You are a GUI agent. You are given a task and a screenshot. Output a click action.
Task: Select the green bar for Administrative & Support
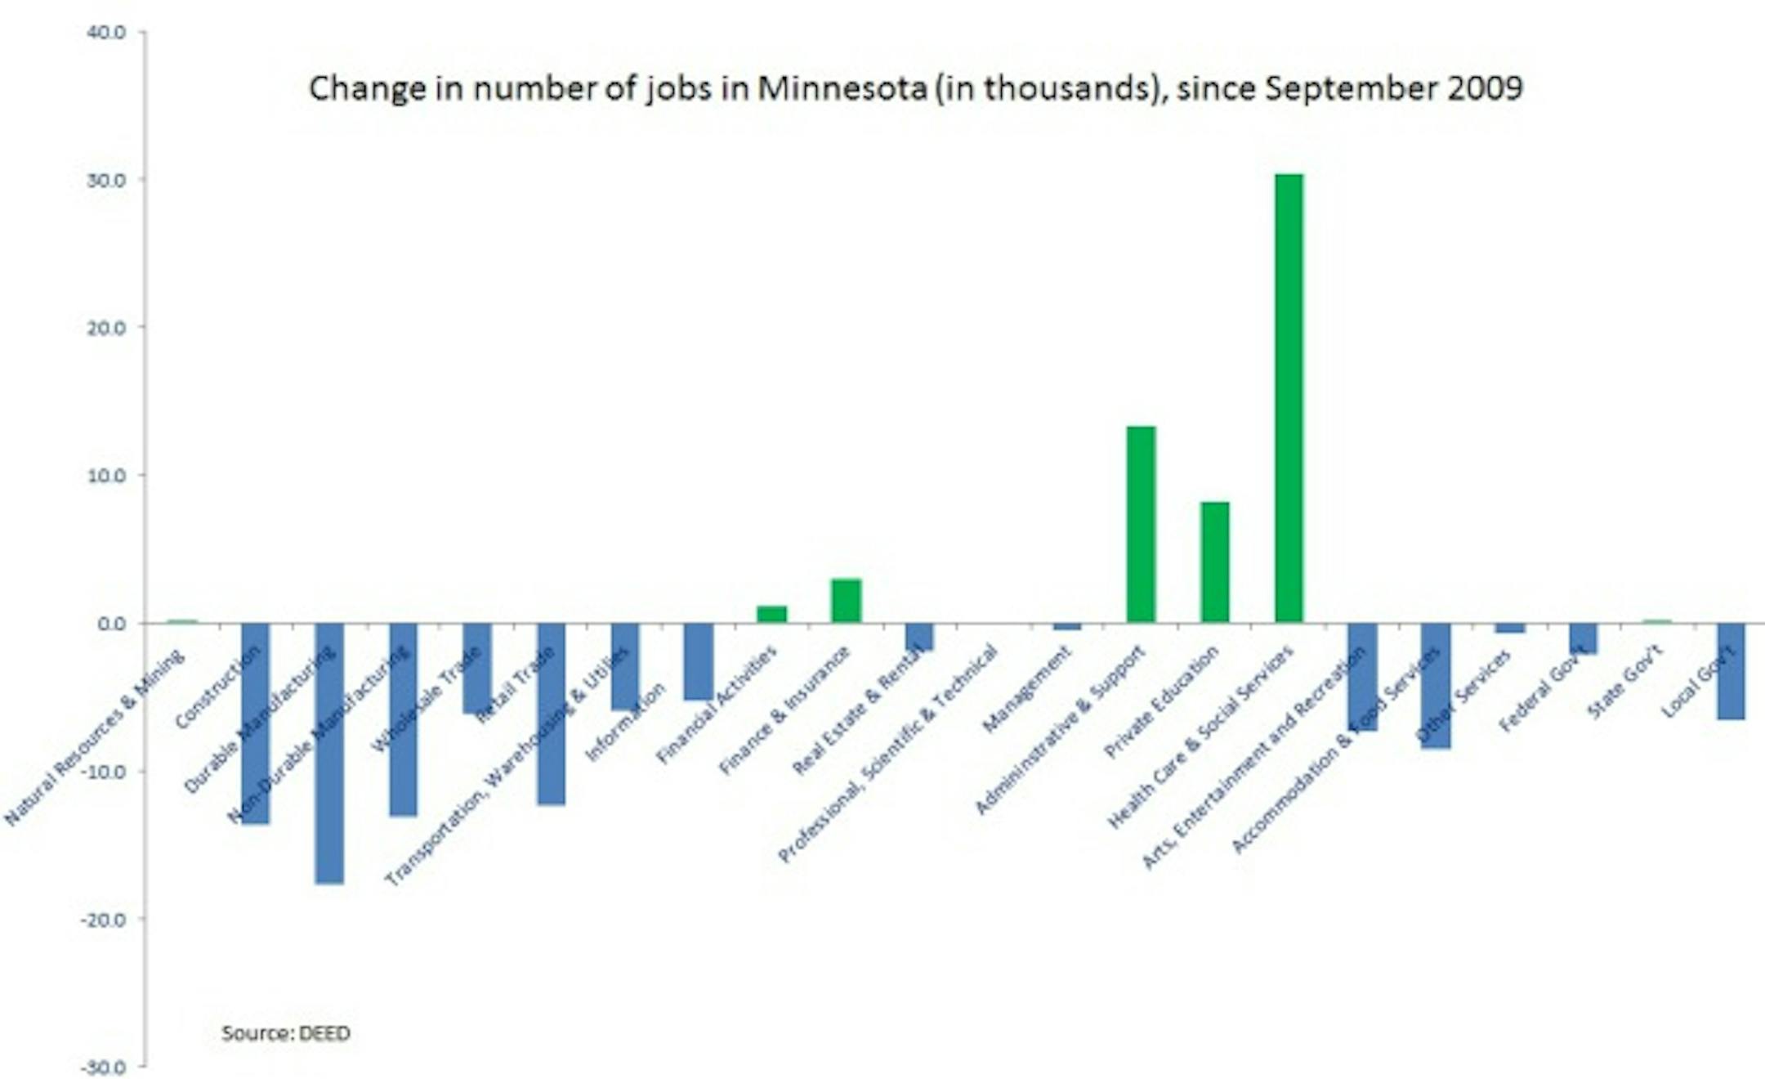1141,524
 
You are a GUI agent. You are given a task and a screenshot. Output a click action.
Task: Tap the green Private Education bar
1214,562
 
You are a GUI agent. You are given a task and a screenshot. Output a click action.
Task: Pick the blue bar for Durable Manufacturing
329,753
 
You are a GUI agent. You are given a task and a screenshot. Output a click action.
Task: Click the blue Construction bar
255,723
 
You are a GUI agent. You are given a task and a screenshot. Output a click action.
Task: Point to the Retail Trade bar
551,714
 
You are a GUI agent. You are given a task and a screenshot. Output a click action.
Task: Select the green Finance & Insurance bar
846,601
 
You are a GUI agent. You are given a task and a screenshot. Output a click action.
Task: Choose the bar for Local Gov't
1731,671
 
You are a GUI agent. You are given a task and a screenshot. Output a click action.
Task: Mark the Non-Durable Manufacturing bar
403,719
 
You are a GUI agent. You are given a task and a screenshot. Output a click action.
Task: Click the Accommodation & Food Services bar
1436,685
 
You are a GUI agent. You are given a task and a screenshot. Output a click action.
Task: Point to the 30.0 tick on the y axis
112,180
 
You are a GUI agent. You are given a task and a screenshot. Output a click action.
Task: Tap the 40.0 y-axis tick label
112,33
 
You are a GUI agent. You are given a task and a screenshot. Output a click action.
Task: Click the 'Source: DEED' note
286,1033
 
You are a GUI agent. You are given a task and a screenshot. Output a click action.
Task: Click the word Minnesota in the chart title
841,88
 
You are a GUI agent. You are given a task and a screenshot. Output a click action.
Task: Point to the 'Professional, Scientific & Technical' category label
889,752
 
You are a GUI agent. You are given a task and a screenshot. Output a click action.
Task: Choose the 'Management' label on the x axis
1026,688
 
